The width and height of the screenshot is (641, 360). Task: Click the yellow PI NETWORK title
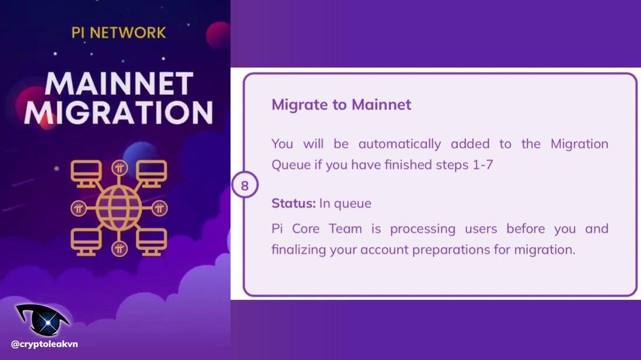(x=119, y=32)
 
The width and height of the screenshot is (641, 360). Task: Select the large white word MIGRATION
(x=119, y=113)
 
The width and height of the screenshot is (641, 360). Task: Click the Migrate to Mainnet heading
(x=341, y=105)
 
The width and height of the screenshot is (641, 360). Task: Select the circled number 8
(x=245, y=186)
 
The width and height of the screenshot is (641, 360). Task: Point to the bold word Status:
(x=294, y=203)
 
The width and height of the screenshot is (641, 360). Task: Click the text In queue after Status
(x=345, y=203)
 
